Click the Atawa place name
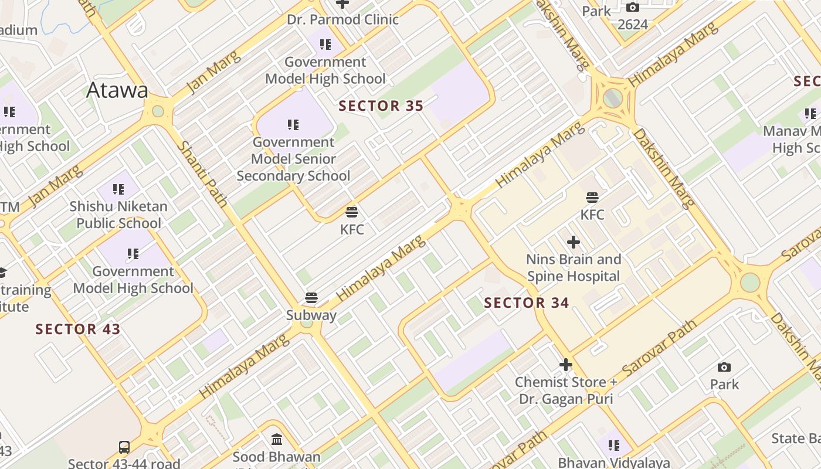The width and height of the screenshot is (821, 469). (117, 90)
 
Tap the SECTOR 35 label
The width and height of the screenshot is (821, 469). (381, 106)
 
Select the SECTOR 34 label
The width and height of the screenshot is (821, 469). (526, 303)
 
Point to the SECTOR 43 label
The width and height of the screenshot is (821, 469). (78, 329)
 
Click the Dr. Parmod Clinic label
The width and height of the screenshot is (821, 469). (342, 19)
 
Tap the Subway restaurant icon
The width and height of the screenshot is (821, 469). (311, 298)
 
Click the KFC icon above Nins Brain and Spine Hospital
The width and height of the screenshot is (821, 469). (592, 198)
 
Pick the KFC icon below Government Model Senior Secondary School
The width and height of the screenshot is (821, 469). (352, 212)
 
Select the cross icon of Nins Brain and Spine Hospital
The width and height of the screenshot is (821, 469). (574, 242)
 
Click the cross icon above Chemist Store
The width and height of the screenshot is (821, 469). (565, 365)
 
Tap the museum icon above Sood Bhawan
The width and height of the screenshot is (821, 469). (277, 439)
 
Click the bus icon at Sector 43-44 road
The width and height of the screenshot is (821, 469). (124, 447)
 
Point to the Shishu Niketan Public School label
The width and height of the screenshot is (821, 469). (118, 215)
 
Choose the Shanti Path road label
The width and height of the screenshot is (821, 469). (202, 174)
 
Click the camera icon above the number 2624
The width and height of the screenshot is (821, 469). (633, 7)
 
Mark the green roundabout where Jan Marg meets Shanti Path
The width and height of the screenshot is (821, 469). (158, 111)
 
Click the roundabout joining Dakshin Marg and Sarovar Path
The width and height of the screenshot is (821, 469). (750, 282)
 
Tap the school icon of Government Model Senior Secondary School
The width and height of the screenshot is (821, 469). (293, 124)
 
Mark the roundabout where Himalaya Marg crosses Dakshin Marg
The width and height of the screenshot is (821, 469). (613, 97)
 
